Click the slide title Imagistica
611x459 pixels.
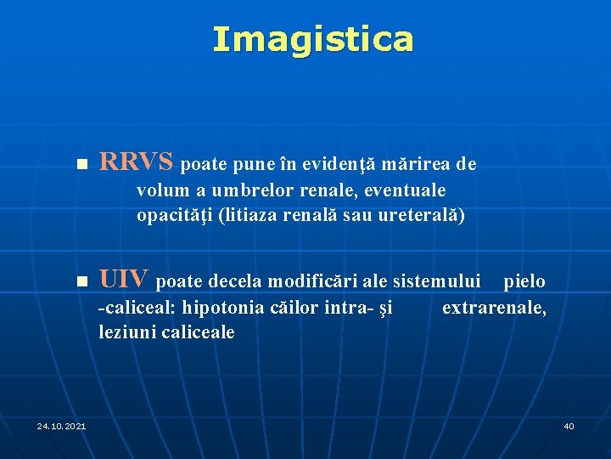313,39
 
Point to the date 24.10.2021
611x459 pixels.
61,426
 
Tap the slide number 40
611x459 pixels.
569,426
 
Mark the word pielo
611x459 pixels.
524,281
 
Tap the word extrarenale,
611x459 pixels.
494,308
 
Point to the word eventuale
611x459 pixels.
407,189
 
